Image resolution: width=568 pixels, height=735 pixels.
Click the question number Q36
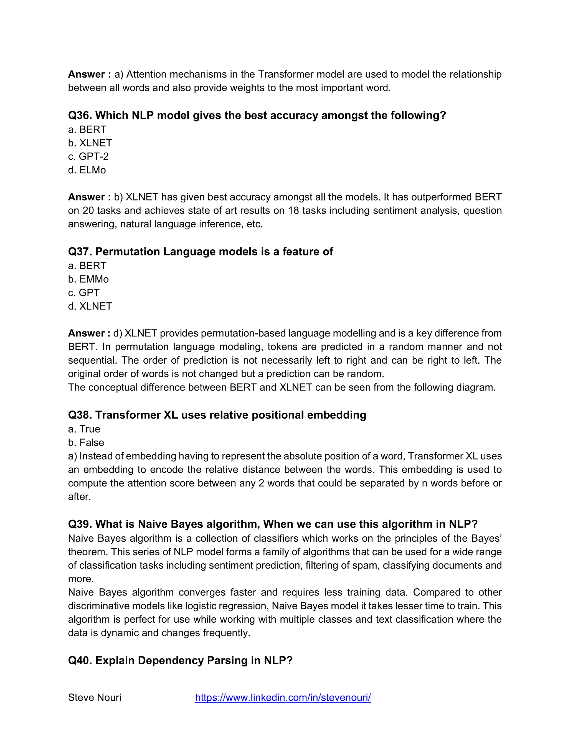click(80, 115)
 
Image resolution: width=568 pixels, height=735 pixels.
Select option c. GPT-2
click(88, 156)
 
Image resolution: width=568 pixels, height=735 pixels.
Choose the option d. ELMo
click(87, 170)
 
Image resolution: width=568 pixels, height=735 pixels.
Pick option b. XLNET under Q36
click(90, 143)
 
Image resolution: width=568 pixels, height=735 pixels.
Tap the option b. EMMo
click(88, 279)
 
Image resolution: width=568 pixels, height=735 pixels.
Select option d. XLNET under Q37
click(90, 306)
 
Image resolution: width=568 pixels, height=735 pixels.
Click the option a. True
click(84, 429)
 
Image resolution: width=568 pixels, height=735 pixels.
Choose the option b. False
click(86, 443)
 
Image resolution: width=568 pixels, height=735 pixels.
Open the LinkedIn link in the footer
click(283, 698)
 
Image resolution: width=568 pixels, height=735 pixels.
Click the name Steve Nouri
click(95, 698)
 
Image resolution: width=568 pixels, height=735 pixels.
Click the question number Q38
click(80, 415)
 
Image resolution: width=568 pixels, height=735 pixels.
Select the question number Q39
click(80, 524)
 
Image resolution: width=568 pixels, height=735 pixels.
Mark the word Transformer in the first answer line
click(284, 74)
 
